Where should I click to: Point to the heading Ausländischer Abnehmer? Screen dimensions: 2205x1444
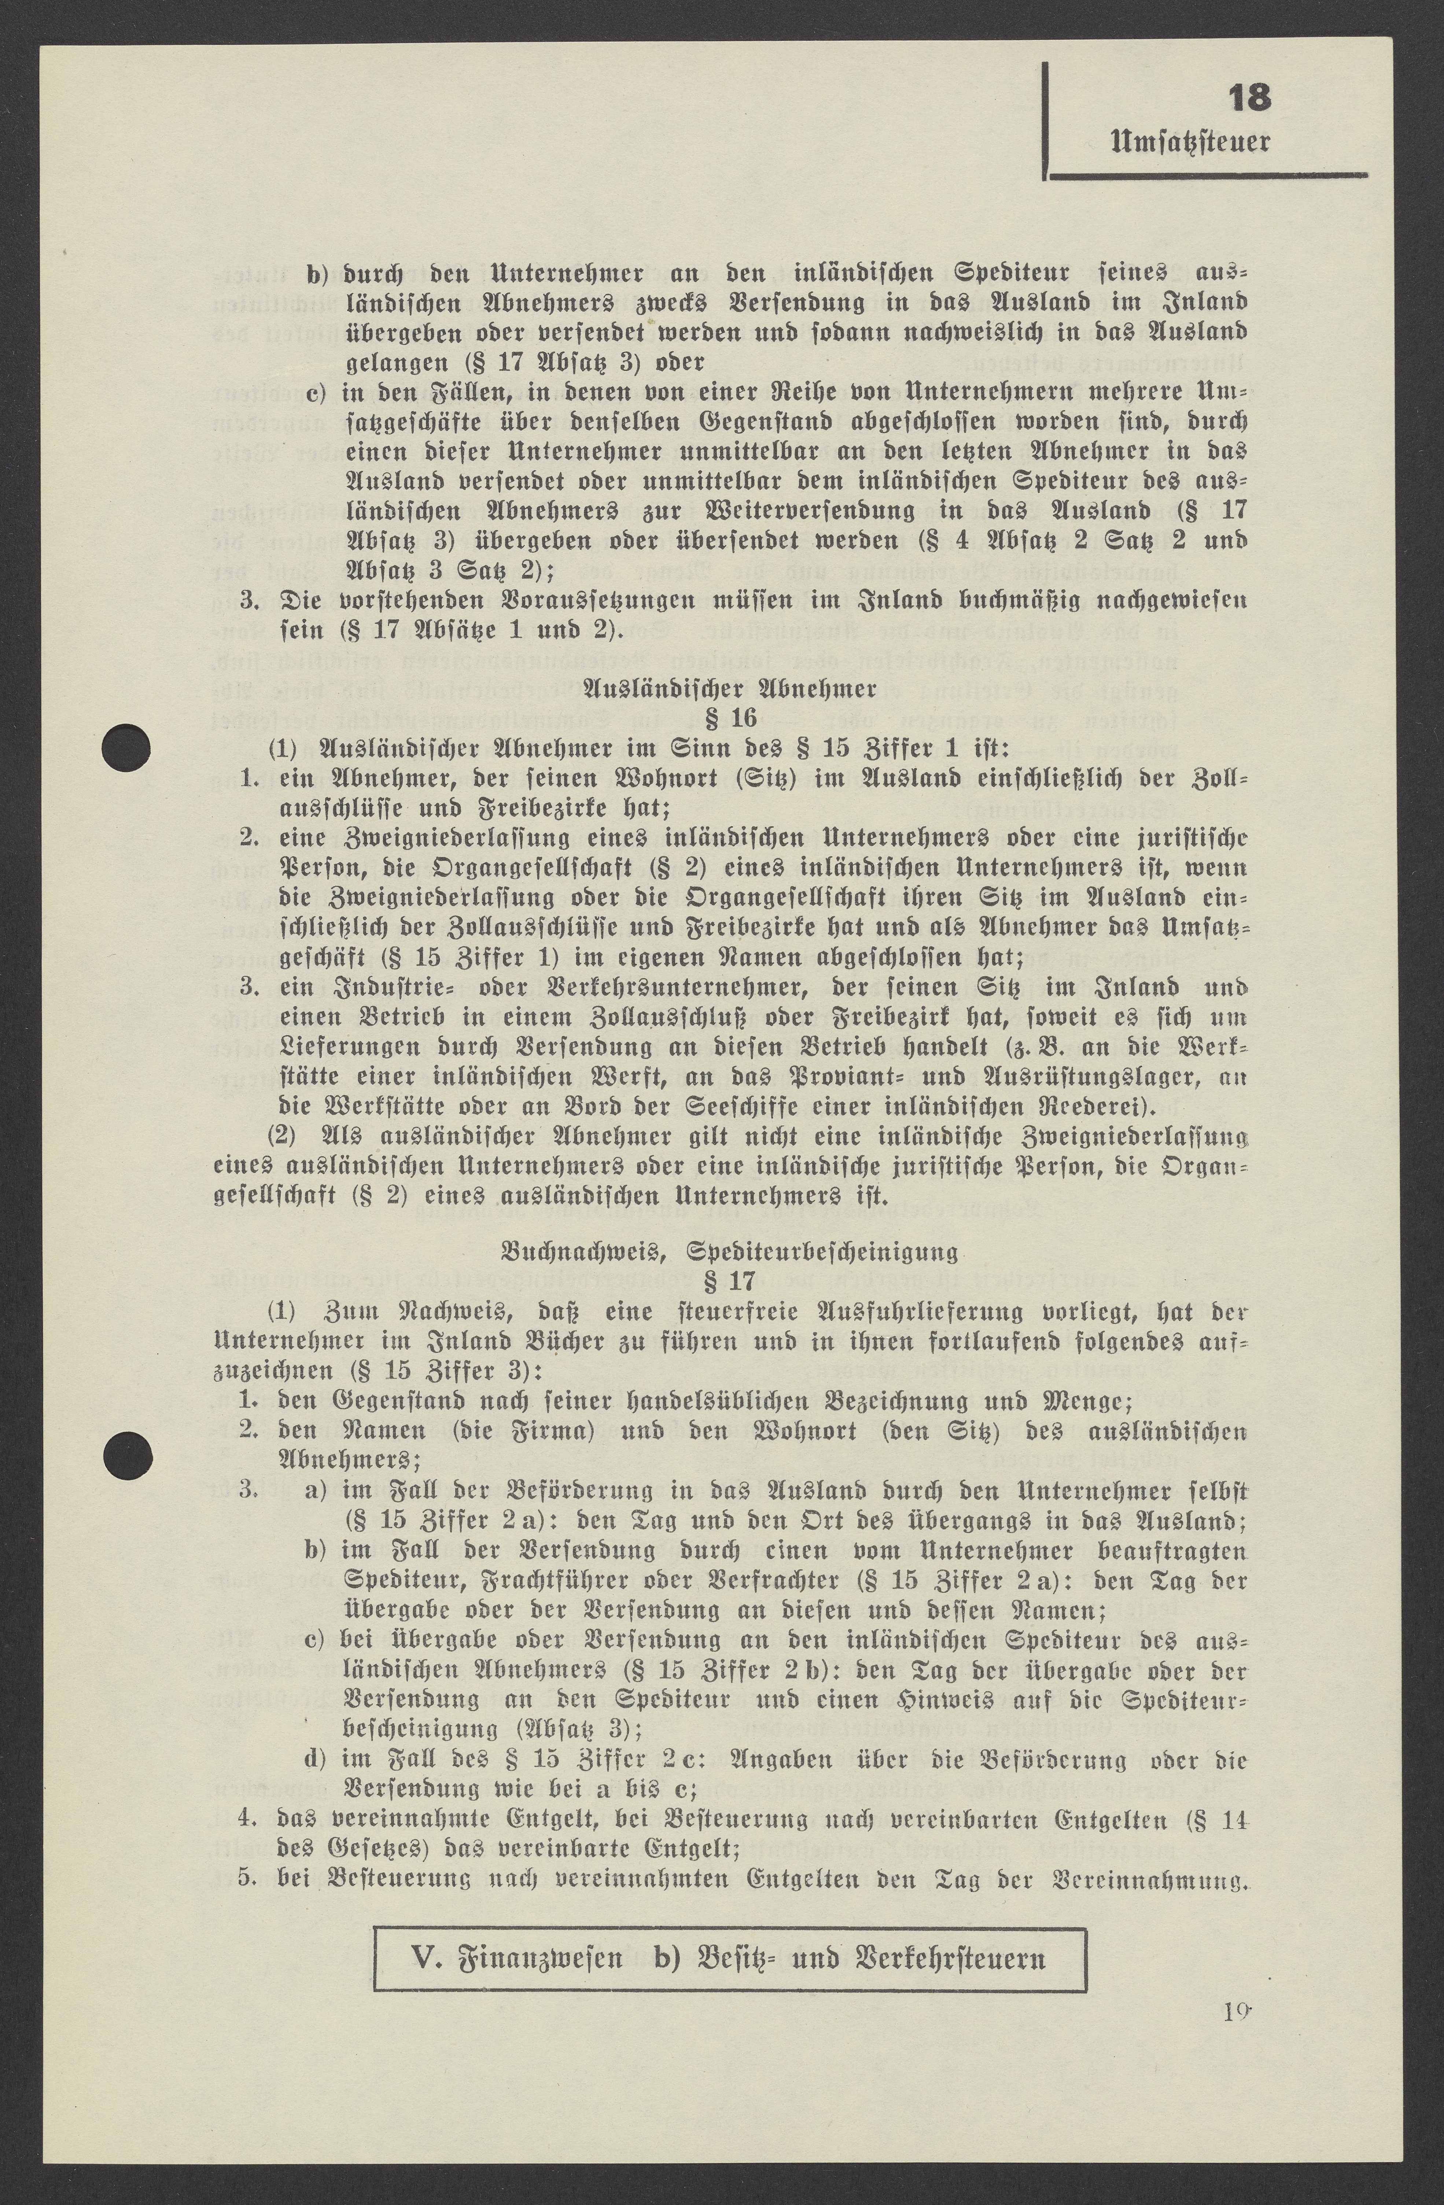click(x=730, y=689)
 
